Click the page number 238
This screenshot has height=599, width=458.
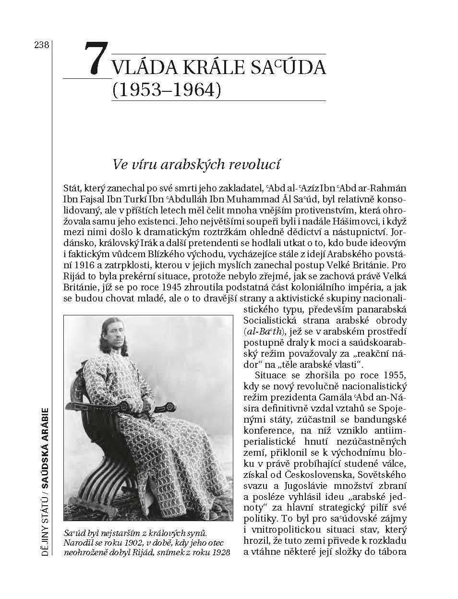click(x=41, y=45)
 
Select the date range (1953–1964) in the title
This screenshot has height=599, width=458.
click(x=166, y=90)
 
